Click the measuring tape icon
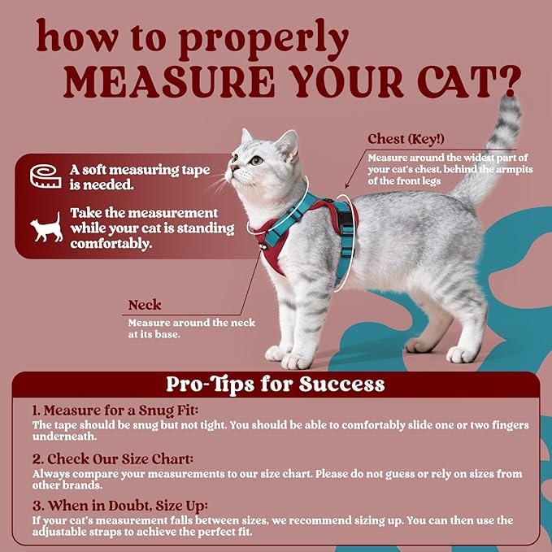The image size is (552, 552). tap(46, 176)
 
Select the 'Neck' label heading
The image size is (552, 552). tap(145, 306)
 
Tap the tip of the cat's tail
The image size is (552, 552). tap(511, 102)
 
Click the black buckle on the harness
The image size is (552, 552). tap(350, 217)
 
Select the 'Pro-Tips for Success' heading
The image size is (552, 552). tap(276, 383)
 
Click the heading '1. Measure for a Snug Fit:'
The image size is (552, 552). tap(115, 411)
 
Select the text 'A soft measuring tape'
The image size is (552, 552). tap(140, 170)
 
